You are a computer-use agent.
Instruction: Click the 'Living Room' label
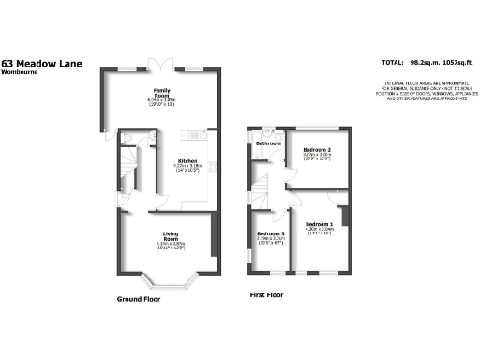point(171,234)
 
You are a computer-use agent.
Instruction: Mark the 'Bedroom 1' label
point(320,225)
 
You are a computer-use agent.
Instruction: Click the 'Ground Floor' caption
point(139,299)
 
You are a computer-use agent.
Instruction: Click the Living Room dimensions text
point(171,247)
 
